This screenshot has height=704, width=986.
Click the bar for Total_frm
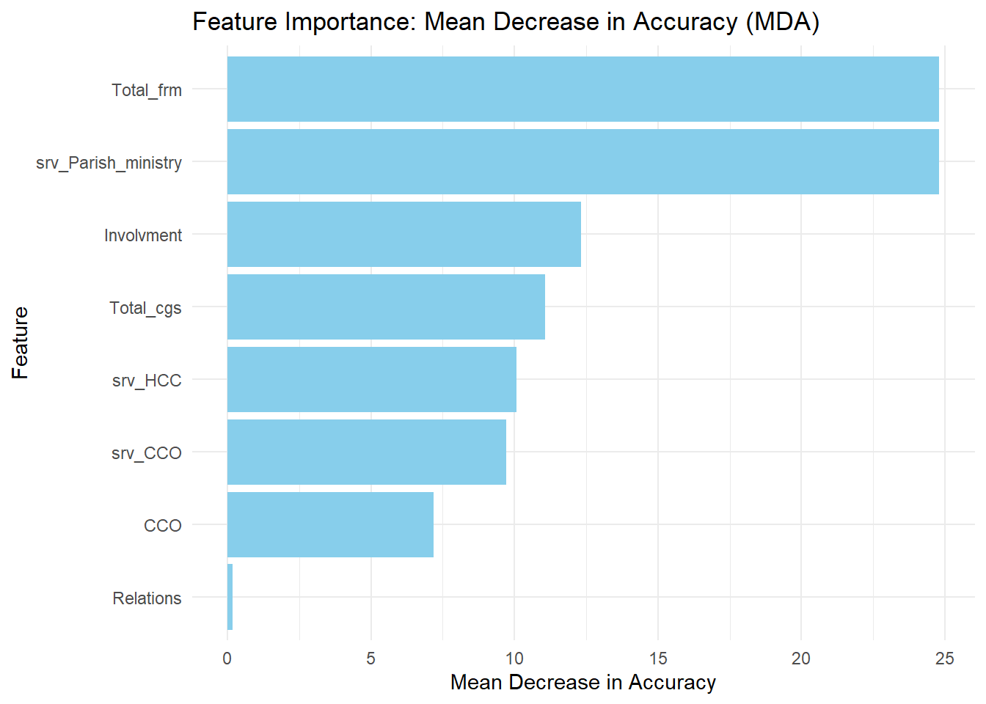click(583, 89)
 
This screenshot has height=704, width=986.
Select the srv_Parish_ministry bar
click(583, 162)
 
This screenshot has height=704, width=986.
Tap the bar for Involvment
click(403, 235)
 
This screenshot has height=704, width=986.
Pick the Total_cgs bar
click(386, 307)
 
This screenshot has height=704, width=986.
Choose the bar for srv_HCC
click(371, 380)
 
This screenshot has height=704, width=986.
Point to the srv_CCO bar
click(366, 452)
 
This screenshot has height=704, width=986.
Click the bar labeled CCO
click(330, 525)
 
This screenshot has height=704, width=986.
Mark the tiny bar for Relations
click(230, 597)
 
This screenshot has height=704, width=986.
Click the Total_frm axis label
click(147, 90)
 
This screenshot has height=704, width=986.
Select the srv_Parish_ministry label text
click(109, 163)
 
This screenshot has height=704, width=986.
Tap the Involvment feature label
click(143, 235)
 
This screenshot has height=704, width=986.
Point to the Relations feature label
click(147, 598)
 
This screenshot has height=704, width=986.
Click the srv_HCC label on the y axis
click(147, 381)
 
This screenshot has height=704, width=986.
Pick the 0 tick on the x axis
click(227, 659)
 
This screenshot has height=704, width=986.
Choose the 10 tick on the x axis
click(514, 659)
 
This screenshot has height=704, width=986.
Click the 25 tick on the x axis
click(945, 659)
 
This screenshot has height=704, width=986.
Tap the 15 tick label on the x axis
click(657, 659)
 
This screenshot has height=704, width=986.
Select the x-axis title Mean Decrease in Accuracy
click(583, 683)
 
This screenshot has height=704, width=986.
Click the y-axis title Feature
click(21, 342)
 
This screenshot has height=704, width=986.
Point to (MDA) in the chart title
click(782, 22)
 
